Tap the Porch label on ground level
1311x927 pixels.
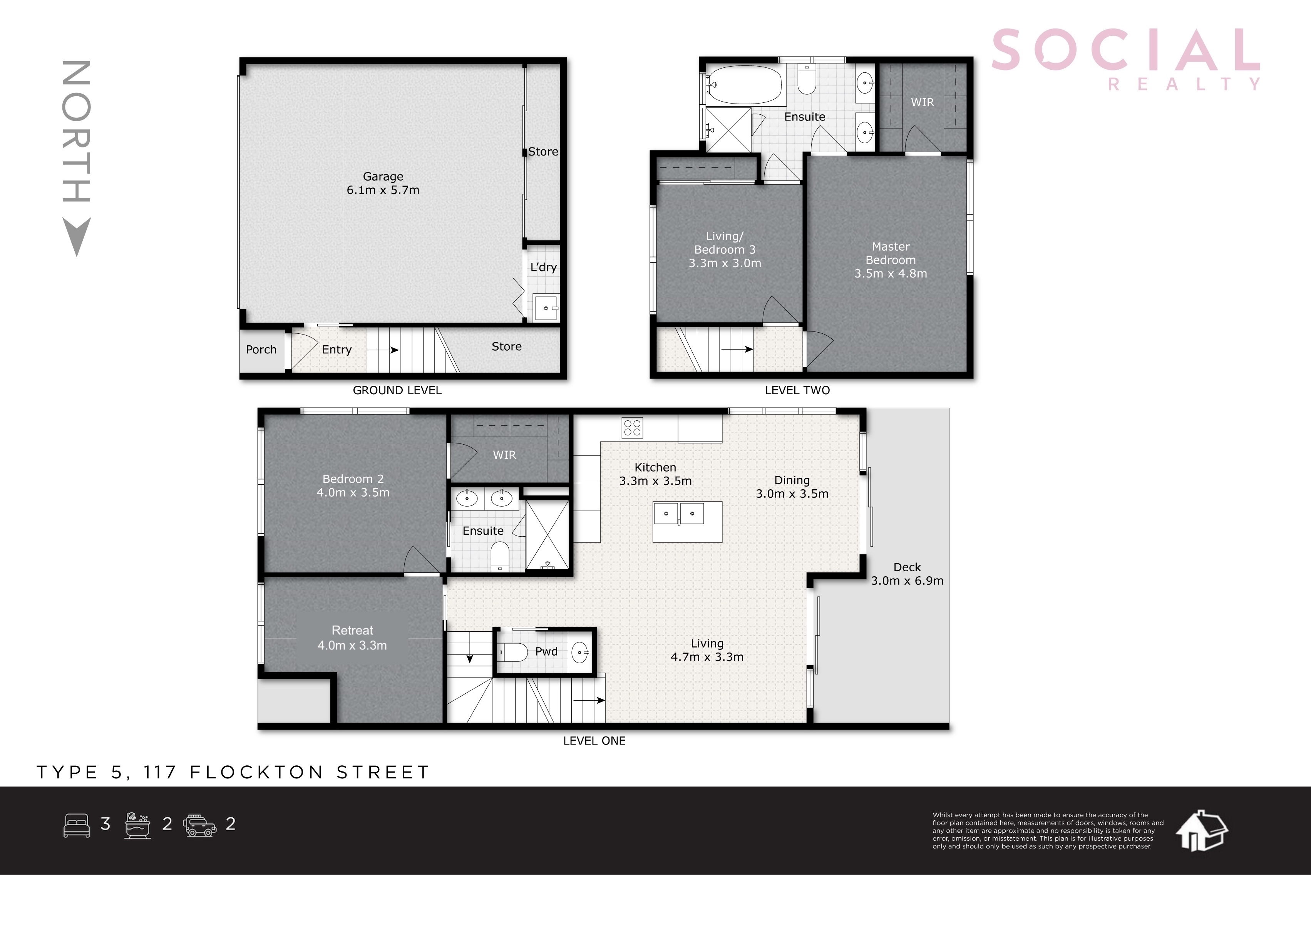click(x=261, y=349)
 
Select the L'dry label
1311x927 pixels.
click(x=543, y=267)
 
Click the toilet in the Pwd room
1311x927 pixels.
click(x=513, y=652)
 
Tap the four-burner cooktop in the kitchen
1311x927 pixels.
click(x=632, y=428)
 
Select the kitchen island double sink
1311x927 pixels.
click(x=679, y=513)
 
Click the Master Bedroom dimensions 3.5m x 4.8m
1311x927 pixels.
click(x=890, y=273)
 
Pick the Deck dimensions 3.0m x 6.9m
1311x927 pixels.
click(x=907, y=581)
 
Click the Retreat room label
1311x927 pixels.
click(x=352, y=630)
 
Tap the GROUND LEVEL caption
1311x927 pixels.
click(x=397, y=390)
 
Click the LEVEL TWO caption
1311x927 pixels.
click(x=797, y=390)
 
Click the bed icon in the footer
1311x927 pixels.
click(x=77, y=825)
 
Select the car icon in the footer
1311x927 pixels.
click(x=200, y=825)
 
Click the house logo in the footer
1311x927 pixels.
click(x=1201, y=831)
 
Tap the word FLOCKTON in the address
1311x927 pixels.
click(x=256, y=772)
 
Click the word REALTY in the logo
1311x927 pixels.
click(x=1184, y=84)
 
